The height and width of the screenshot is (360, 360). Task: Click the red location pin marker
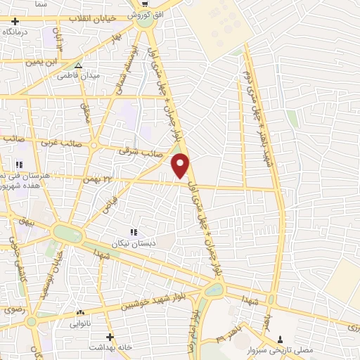tap(181, 165)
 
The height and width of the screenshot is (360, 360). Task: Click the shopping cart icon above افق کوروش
tap(146, 4)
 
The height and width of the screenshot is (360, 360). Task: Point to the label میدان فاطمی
tap(78, 75)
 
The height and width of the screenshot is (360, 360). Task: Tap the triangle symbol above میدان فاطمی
tap(79, 64)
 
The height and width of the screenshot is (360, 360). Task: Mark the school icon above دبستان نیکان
tap(133, 231)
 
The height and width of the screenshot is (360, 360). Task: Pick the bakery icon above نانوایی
tap(79, 314)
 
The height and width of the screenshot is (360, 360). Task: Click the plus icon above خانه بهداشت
tap(109, 337)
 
